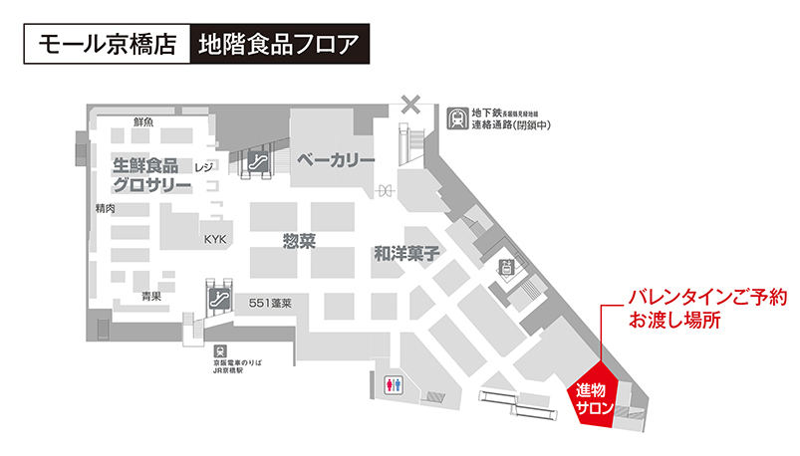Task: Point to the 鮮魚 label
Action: (143, 121)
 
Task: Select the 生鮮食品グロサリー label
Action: (145, 175)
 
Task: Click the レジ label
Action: (205, 166)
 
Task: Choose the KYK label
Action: (216, 240)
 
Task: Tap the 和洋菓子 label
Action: (407, 254)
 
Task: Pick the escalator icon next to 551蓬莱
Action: (219, 297)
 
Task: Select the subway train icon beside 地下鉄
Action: (457, 119)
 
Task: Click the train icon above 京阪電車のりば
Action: (219, 350)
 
